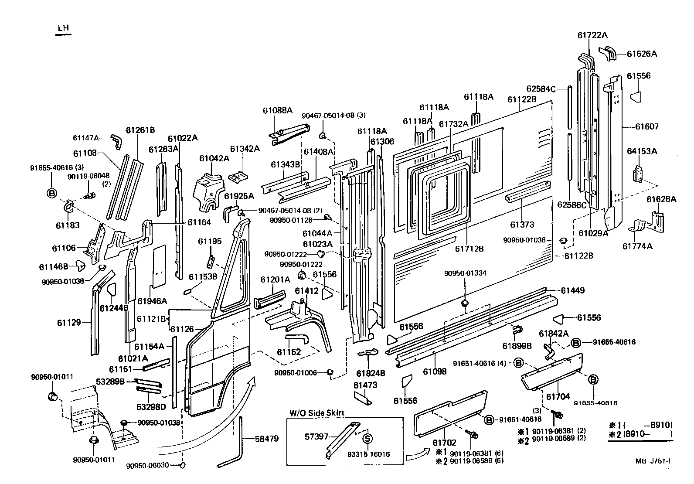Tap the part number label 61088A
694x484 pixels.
pyautogui.click(x=278, y=110)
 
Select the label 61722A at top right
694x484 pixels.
pyautogui.click(x=592, y=35)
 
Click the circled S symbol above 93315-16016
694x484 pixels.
pyautogui.click(x=367, y=438)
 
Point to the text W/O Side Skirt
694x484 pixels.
pyautogui.click(x=316, y=413)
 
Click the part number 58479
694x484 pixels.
pyautogui.click(x=266, y=439)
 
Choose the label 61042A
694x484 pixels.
pyautogui.click(x=214, y=158)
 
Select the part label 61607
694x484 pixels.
pyautogui.click(x=646, y=127)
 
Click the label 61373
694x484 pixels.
pyautogui.click(x=522, y=225)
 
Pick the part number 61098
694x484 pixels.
pyautogui.click(x=435, y=372)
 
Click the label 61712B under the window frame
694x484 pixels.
pyautogui.click(x=469, y=249)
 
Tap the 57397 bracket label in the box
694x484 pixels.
pyautogui.click(x=316, y=436)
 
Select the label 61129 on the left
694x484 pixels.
pyautogui.click(x=69, y=323)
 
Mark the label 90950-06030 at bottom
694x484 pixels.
pyautogui.click(x=148, y=465)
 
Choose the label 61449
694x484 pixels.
pyautogui.click(x=573, y=290)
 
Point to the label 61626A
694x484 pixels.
pyautogui.click(x=642, y=54)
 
